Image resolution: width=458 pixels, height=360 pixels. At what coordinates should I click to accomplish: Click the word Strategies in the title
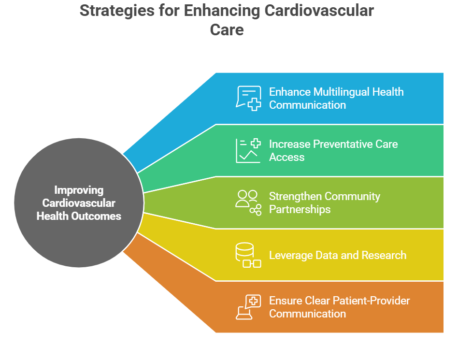(117, 11)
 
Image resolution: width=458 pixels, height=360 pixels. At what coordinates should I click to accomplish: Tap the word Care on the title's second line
(227, 30)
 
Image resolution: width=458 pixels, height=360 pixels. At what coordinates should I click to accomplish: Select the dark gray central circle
(79, 202)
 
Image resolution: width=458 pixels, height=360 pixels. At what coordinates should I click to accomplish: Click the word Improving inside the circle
(79, 190)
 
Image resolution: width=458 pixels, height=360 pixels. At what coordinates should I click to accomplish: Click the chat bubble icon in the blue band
(248, 98)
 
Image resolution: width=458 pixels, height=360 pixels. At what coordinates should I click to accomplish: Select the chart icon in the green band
(248, 150)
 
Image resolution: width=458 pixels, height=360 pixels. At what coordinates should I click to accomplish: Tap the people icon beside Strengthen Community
(248, 203)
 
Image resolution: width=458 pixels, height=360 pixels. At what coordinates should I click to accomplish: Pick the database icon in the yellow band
(248, 255)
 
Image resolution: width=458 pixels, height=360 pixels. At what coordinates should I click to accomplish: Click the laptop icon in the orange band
(248, 307)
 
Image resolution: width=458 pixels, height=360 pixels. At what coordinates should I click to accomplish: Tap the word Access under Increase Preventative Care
(287, 157)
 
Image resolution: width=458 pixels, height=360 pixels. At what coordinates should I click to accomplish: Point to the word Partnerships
(300, 210)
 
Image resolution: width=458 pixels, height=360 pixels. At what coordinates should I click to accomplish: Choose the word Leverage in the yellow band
(291, 256)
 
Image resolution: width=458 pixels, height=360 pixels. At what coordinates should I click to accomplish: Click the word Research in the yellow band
(384, 255)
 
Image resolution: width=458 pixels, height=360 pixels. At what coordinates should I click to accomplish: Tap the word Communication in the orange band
(307, 314)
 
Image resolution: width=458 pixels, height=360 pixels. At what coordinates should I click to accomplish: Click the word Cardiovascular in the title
(319, 11)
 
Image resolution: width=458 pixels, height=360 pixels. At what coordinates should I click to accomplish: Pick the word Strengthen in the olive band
(295, 196)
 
